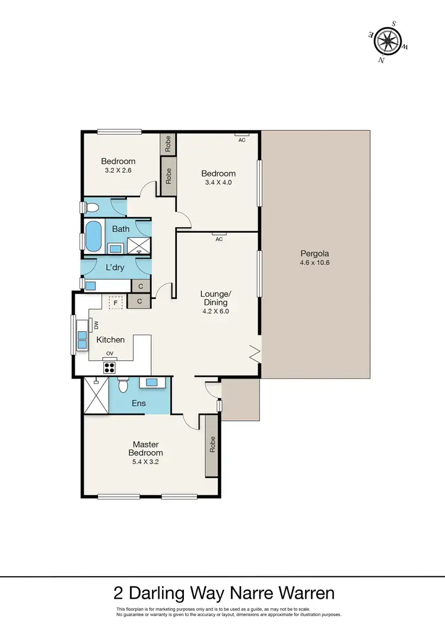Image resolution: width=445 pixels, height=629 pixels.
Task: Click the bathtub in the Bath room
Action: coord(94,236)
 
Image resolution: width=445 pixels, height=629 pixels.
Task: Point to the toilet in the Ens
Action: coord(123,386)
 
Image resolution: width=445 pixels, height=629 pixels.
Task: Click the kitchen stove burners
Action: coord(110,366)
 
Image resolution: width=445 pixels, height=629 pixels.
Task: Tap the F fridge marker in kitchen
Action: coord(116,302)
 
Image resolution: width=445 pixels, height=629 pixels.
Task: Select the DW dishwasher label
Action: coord(96,325)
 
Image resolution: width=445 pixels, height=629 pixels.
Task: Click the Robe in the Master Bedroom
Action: coord(212,445)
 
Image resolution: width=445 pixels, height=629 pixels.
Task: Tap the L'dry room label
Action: coord(115,268)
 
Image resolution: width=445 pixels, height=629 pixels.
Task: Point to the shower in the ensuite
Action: coord(96,395)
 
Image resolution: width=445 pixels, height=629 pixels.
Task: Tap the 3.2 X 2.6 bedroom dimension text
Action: coord(118,170)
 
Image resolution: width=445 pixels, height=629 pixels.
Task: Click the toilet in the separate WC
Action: coord(91,208)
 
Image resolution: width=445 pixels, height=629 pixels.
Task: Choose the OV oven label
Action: coord(110,354)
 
